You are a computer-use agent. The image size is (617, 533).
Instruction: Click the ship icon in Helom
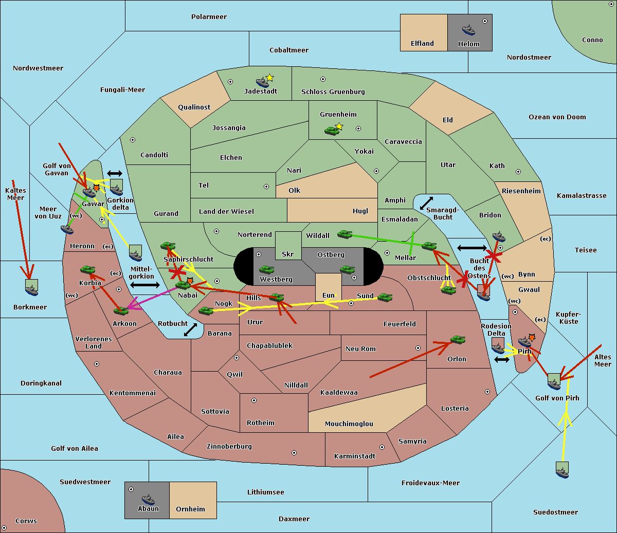pyautogui.click(x=468, y=30)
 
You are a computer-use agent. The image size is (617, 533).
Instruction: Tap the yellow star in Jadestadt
pyautogui.click(x=269, y=78)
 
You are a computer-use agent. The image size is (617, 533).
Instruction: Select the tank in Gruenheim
pyautogui.click(x=332, y=131)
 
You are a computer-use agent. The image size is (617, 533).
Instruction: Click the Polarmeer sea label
pyautogui.click(x=209, y=17)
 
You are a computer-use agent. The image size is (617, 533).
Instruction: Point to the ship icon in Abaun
pyautogui.click(x=149, y=499)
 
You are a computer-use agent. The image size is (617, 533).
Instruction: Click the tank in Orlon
pyautogui.click(x=458, y=340)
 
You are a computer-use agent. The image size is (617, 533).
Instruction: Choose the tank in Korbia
pyautogui.click(x=88, y=270)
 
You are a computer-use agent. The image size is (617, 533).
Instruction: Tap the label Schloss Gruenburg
pyautogui.click(x=333, y=91)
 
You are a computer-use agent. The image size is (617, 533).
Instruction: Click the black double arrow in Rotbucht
pyautogui.click(x=190, y=330)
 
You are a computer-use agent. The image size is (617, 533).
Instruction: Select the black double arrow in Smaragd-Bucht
pyautogui.click(x=426, y=203)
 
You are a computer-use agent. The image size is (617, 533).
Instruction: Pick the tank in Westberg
pyautogui.click(x=266, y=270)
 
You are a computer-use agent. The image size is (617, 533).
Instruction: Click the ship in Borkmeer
pyautogui.click(x=32, y=287)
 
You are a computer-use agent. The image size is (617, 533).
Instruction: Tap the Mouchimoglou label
pyautogui.click(x=349, y=424)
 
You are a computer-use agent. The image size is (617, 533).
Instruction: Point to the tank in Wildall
pyautogui.click(x=345, y=234)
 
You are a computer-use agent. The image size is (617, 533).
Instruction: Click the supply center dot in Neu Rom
pyautogui.click(x=418, y=348)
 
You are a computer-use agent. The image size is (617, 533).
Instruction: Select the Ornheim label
pyautogui.click(x=190, y=509)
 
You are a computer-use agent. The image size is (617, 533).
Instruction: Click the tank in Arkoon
pyautogui.click(x=121, y=310)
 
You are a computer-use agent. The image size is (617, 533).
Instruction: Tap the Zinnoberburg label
pyautogui.click(x=229, y=446)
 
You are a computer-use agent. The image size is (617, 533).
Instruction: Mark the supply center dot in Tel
pyautogui.click(x=266, y=187)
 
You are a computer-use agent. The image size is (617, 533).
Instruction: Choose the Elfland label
pyautogui.click(x=422, y=43)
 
